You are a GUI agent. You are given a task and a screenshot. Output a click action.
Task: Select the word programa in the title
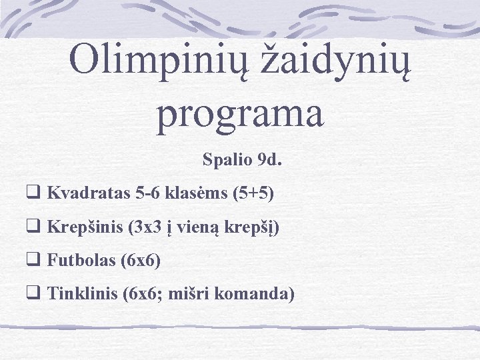(241, 113)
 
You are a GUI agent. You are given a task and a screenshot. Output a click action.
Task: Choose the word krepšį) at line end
(255, 227)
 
